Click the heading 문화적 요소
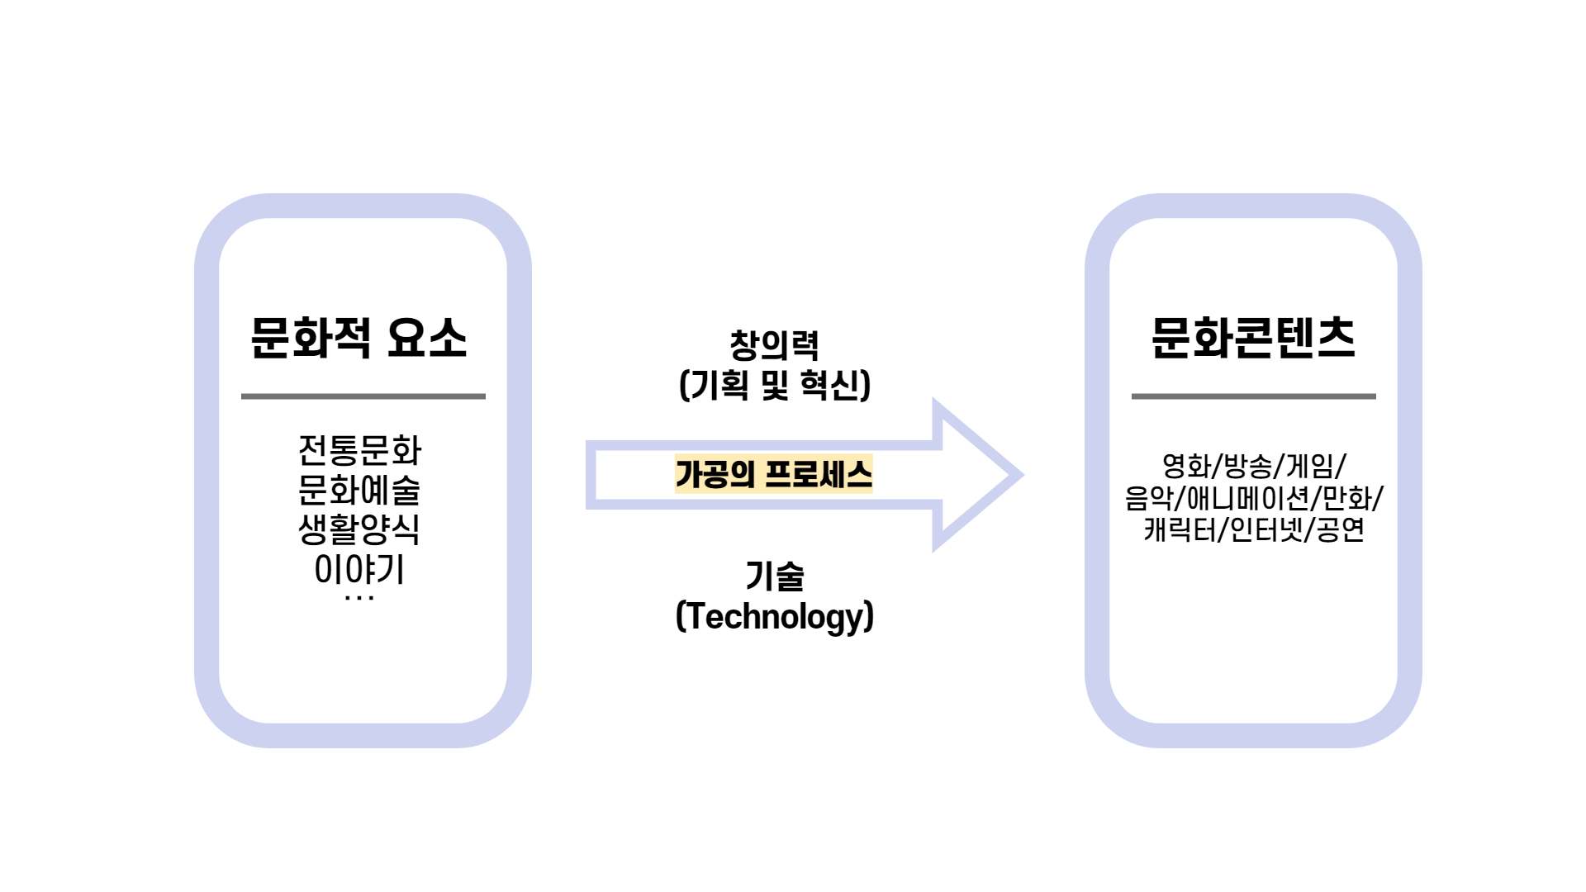tap(359, 339)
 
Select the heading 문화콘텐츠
tap(1253, 339)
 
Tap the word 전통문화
tap(359, 450)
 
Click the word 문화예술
tap(359, 490)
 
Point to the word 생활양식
tap(359, 529)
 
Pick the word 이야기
tap(359, 569)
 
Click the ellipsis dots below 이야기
tap(359, 598)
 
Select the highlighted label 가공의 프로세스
tap(774, 474)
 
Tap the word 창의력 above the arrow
tap(774, 345)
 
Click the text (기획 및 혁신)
tap(774, 385)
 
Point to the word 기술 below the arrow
tap(774, 576)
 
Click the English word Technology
tap(774, 616)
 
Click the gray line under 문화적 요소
tap(363, 396)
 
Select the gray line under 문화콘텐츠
tap(1253, 396)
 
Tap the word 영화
tap(1186, 466)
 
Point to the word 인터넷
tap(1266, 529)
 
